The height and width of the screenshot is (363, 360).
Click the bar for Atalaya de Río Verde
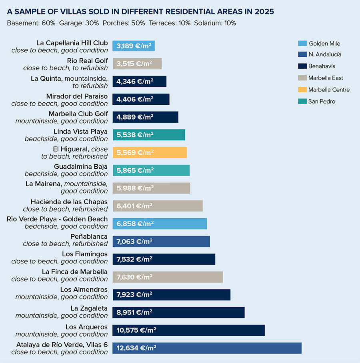[x=207, y=348]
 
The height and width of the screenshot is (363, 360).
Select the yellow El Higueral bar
[x=150, y=152]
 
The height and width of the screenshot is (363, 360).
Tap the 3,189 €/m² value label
[x=134, y=46]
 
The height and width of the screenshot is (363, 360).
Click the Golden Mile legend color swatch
[x=302, y=43]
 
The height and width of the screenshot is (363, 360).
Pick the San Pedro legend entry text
[x=322, y=102]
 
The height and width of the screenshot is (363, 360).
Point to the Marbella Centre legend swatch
[x=302, y=90]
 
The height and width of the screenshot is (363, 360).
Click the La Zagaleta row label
[x=89, y=308]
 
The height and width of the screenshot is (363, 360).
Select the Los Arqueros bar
[x=188, y=330]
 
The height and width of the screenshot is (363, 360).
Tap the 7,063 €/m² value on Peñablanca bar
[x=134, y=241]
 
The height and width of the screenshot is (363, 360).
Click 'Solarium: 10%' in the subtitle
[x=215, y=23]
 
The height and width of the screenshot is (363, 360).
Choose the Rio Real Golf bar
[x=137, y=64]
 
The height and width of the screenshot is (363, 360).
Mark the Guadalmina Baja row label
[x=81, y=166]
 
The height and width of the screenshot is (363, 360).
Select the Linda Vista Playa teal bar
[x=149, y=135]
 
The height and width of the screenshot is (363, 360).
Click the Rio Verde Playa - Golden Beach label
[x=57, y=219]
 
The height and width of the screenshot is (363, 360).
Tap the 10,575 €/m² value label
[x=136, y=330]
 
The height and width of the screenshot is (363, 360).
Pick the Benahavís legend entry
[x=322, y=66]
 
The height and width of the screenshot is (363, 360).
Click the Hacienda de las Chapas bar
[x=158, y=206]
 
